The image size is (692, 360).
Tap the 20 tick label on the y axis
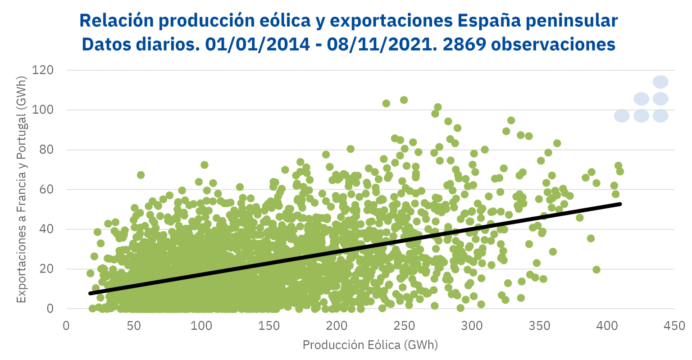coord(47,269)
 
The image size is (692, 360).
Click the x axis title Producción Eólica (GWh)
coord(370,345)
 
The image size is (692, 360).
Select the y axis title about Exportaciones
coord(21,189)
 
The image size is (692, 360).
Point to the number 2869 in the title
coord(464,44)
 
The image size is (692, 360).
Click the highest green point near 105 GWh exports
coord(404,100)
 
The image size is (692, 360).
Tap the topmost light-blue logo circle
coord(660,82)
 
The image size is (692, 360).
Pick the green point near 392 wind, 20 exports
coord(596,269)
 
